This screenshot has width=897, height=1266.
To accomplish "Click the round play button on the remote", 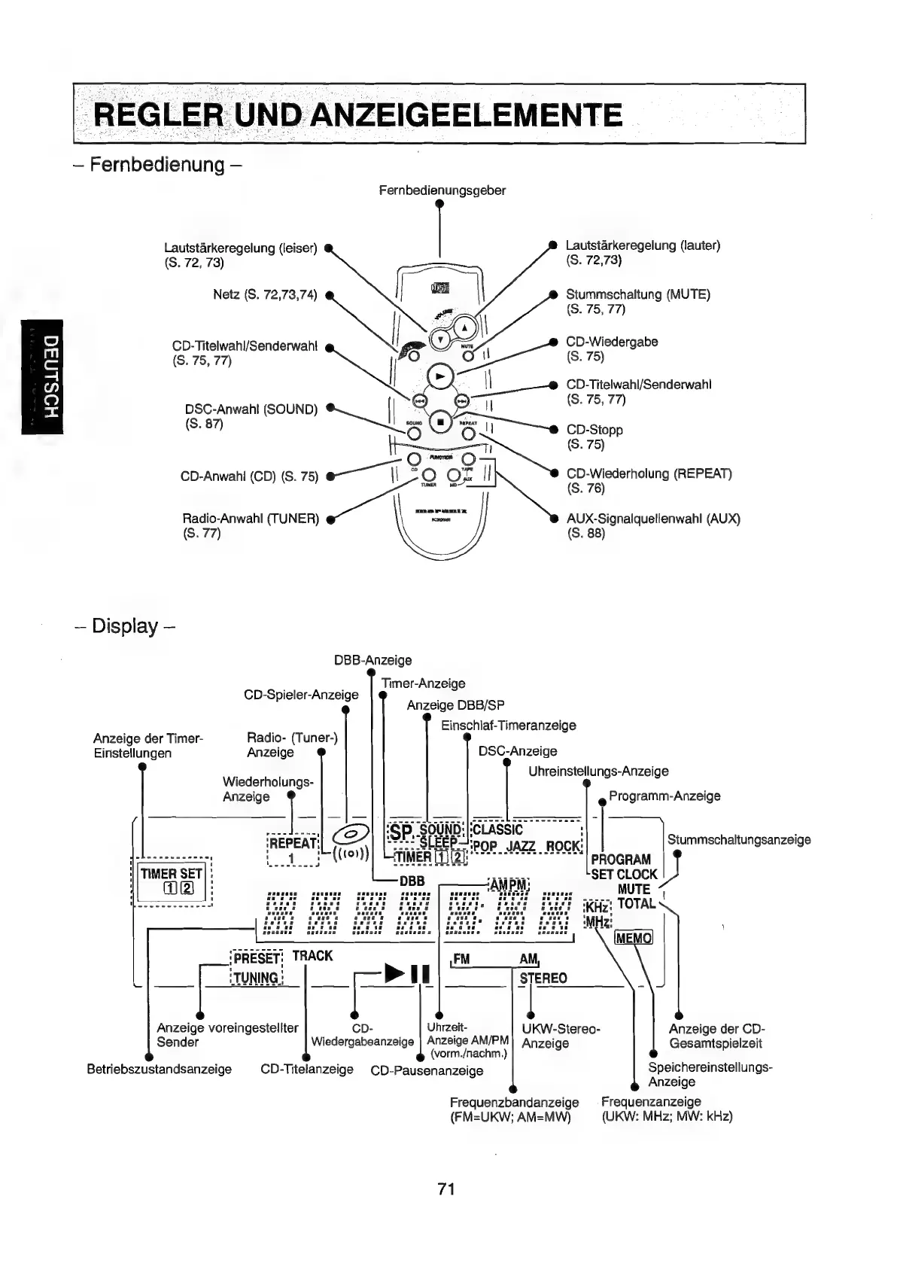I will pyautogui.click(x=440, y=376).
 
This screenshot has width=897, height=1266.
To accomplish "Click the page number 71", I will pyautogui.click(x=446, y=1189).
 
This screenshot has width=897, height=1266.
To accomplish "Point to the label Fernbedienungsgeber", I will pyautogui.click(x=442, y=190).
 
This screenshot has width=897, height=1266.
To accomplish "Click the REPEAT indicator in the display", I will pyautogui.click(x=293, y=843).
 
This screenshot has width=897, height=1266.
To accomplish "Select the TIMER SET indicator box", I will pyautogui.click(x=172, y=874).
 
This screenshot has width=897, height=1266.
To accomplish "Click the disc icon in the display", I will pyautogui.click(x=351, y=834).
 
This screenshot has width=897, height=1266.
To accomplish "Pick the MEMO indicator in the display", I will pyautogui.click(x=634, y=938).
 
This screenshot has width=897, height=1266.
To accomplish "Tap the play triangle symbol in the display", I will pyautogui.click(x=394, y=972).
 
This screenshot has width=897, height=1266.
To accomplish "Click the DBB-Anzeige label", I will pyautogui.click(x=372, y=660).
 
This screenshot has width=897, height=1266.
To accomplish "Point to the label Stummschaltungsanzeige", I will pyautogui.click(x=738, y=839).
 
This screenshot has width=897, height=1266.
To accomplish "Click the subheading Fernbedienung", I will pyautogui.click(x=157, y=164).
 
